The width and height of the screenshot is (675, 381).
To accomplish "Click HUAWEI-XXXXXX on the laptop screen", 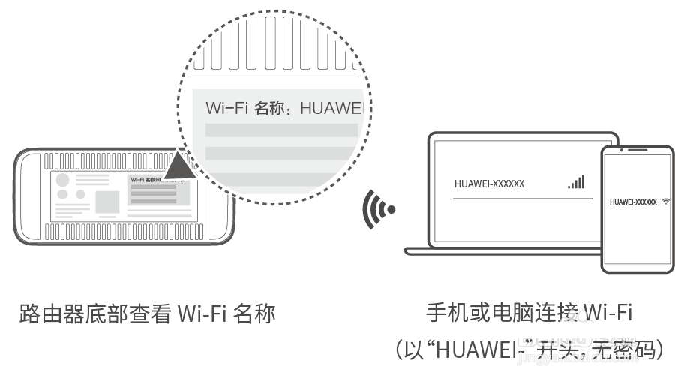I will pyautogui.click(x=489, y=184).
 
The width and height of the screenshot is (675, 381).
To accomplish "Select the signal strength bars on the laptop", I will pyautogui.click(x=575, y=182).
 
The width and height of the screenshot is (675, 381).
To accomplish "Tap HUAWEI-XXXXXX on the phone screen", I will pyautogui.click(x=633, y=202).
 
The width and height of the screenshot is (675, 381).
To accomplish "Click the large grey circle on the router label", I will pyautogui.click(x=63, y=181).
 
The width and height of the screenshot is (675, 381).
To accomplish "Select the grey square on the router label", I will pyautogui.click(x=107, y=202).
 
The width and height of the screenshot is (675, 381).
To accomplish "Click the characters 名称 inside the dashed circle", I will pyautogui.click(x=270, y=108).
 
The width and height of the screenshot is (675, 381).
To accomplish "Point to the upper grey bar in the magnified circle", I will pyautogui.click(x=281, y=130).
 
